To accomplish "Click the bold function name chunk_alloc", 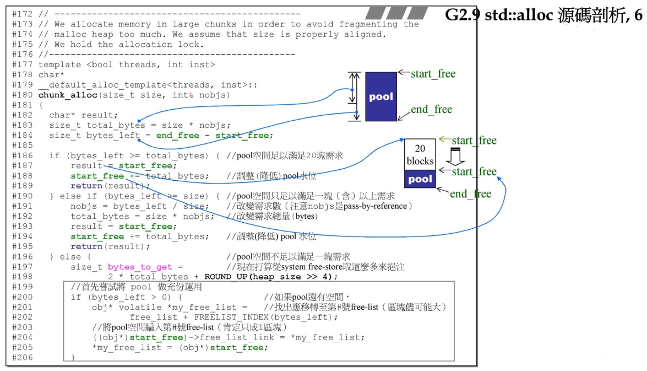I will click(65, 95).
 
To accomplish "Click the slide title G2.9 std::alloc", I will click(543, 15).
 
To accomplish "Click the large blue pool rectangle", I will click(381, 96).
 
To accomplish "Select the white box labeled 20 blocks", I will click(420, 155).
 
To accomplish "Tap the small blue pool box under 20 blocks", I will click(420, 180).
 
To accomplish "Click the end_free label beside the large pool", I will click(431, 109).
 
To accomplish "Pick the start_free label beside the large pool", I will click(433, 73).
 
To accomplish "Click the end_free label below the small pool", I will click(470, 193).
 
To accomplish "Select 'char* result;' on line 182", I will click(83, 115).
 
